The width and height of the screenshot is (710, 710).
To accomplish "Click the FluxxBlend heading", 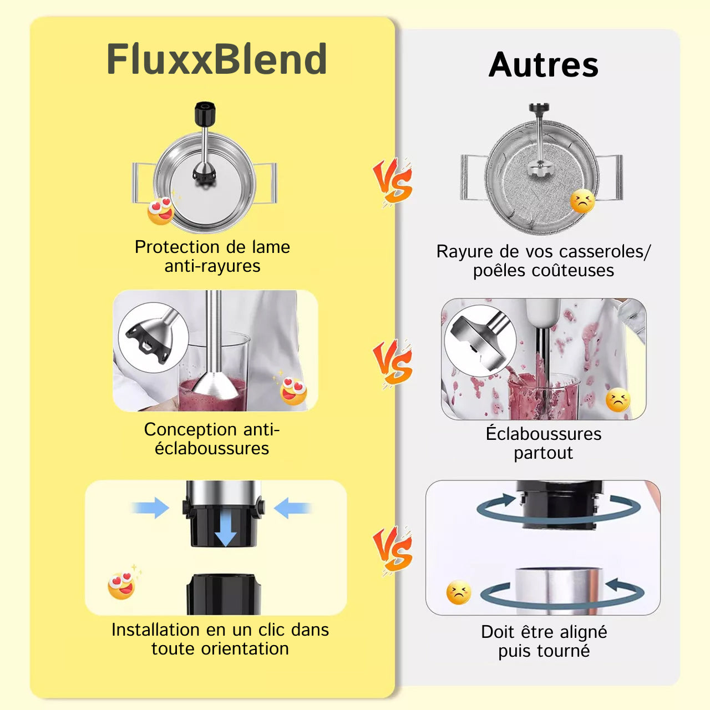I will [216, 59].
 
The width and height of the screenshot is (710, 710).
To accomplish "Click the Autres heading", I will [543, 65].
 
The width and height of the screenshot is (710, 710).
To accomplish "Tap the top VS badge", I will [393, 182].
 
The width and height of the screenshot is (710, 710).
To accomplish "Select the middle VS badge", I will [393, 363].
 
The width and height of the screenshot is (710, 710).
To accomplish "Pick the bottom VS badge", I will [393, 550].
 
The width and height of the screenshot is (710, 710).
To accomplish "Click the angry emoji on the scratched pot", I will [582, 201].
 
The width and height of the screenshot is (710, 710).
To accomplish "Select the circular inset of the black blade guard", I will [153, 337].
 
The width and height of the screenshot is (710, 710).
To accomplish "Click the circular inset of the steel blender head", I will [480, 340].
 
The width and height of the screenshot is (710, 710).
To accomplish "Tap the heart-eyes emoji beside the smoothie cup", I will [293, 390].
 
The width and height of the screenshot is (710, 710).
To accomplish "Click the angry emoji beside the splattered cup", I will [617, 400].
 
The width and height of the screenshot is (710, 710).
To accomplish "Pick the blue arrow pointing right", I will [151, 508].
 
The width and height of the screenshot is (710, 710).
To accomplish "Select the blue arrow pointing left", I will [292, 508].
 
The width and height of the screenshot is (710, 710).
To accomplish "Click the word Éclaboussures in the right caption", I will [543, 434].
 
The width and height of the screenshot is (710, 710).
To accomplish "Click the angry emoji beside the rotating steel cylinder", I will [459, 592].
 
